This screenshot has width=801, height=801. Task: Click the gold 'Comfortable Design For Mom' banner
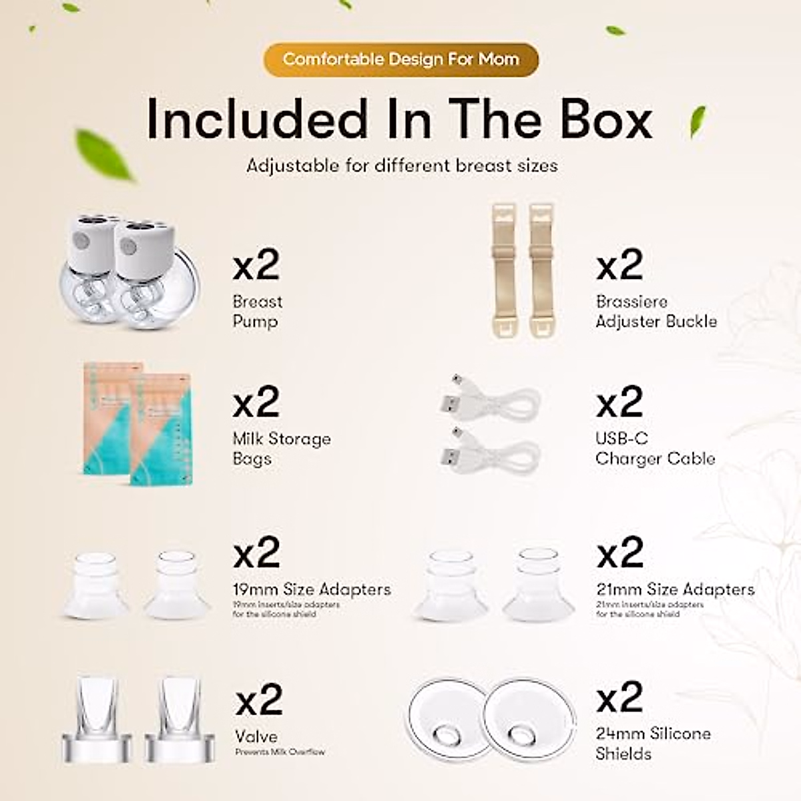click(x=400, y=59)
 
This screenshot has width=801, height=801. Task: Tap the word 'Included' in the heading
click(x=256, y=119)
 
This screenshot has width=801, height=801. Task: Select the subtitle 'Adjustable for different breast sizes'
click(x=402, y=166)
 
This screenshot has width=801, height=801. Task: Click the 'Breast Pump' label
click(x=258, y=311)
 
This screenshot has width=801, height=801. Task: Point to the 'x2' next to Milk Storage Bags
click(x=256, y=402)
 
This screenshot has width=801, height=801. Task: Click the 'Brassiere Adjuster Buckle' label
click(x=656, y=311)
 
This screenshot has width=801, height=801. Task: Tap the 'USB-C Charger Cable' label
click(x=655, y=449)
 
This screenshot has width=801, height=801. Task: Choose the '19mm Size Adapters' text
click(x=312, y=589)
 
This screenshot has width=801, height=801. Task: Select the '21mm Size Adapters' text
click(x=675, y=589)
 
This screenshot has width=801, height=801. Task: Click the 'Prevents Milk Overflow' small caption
click(x=280, y=752)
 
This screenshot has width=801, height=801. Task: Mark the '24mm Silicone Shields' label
click(x=653, y=744)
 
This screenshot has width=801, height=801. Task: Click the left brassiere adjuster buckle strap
click(x=504, y=270)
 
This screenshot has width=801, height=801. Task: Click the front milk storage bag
click(x=160, y=427)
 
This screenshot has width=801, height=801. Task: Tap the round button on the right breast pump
click(x=129, y=247)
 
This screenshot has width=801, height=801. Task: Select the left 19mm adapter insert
click(x=96, y=584)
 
